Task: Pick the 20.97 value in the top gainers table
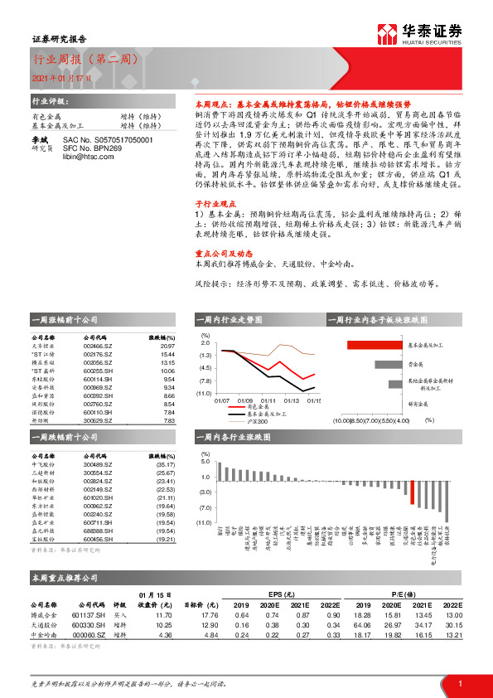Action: [168, 346]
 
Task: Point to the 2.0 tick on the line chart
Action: [205, 342]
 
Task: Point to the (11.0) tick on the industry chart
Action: [203, 522]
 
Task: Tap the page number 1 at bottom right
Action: [459, 682]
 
